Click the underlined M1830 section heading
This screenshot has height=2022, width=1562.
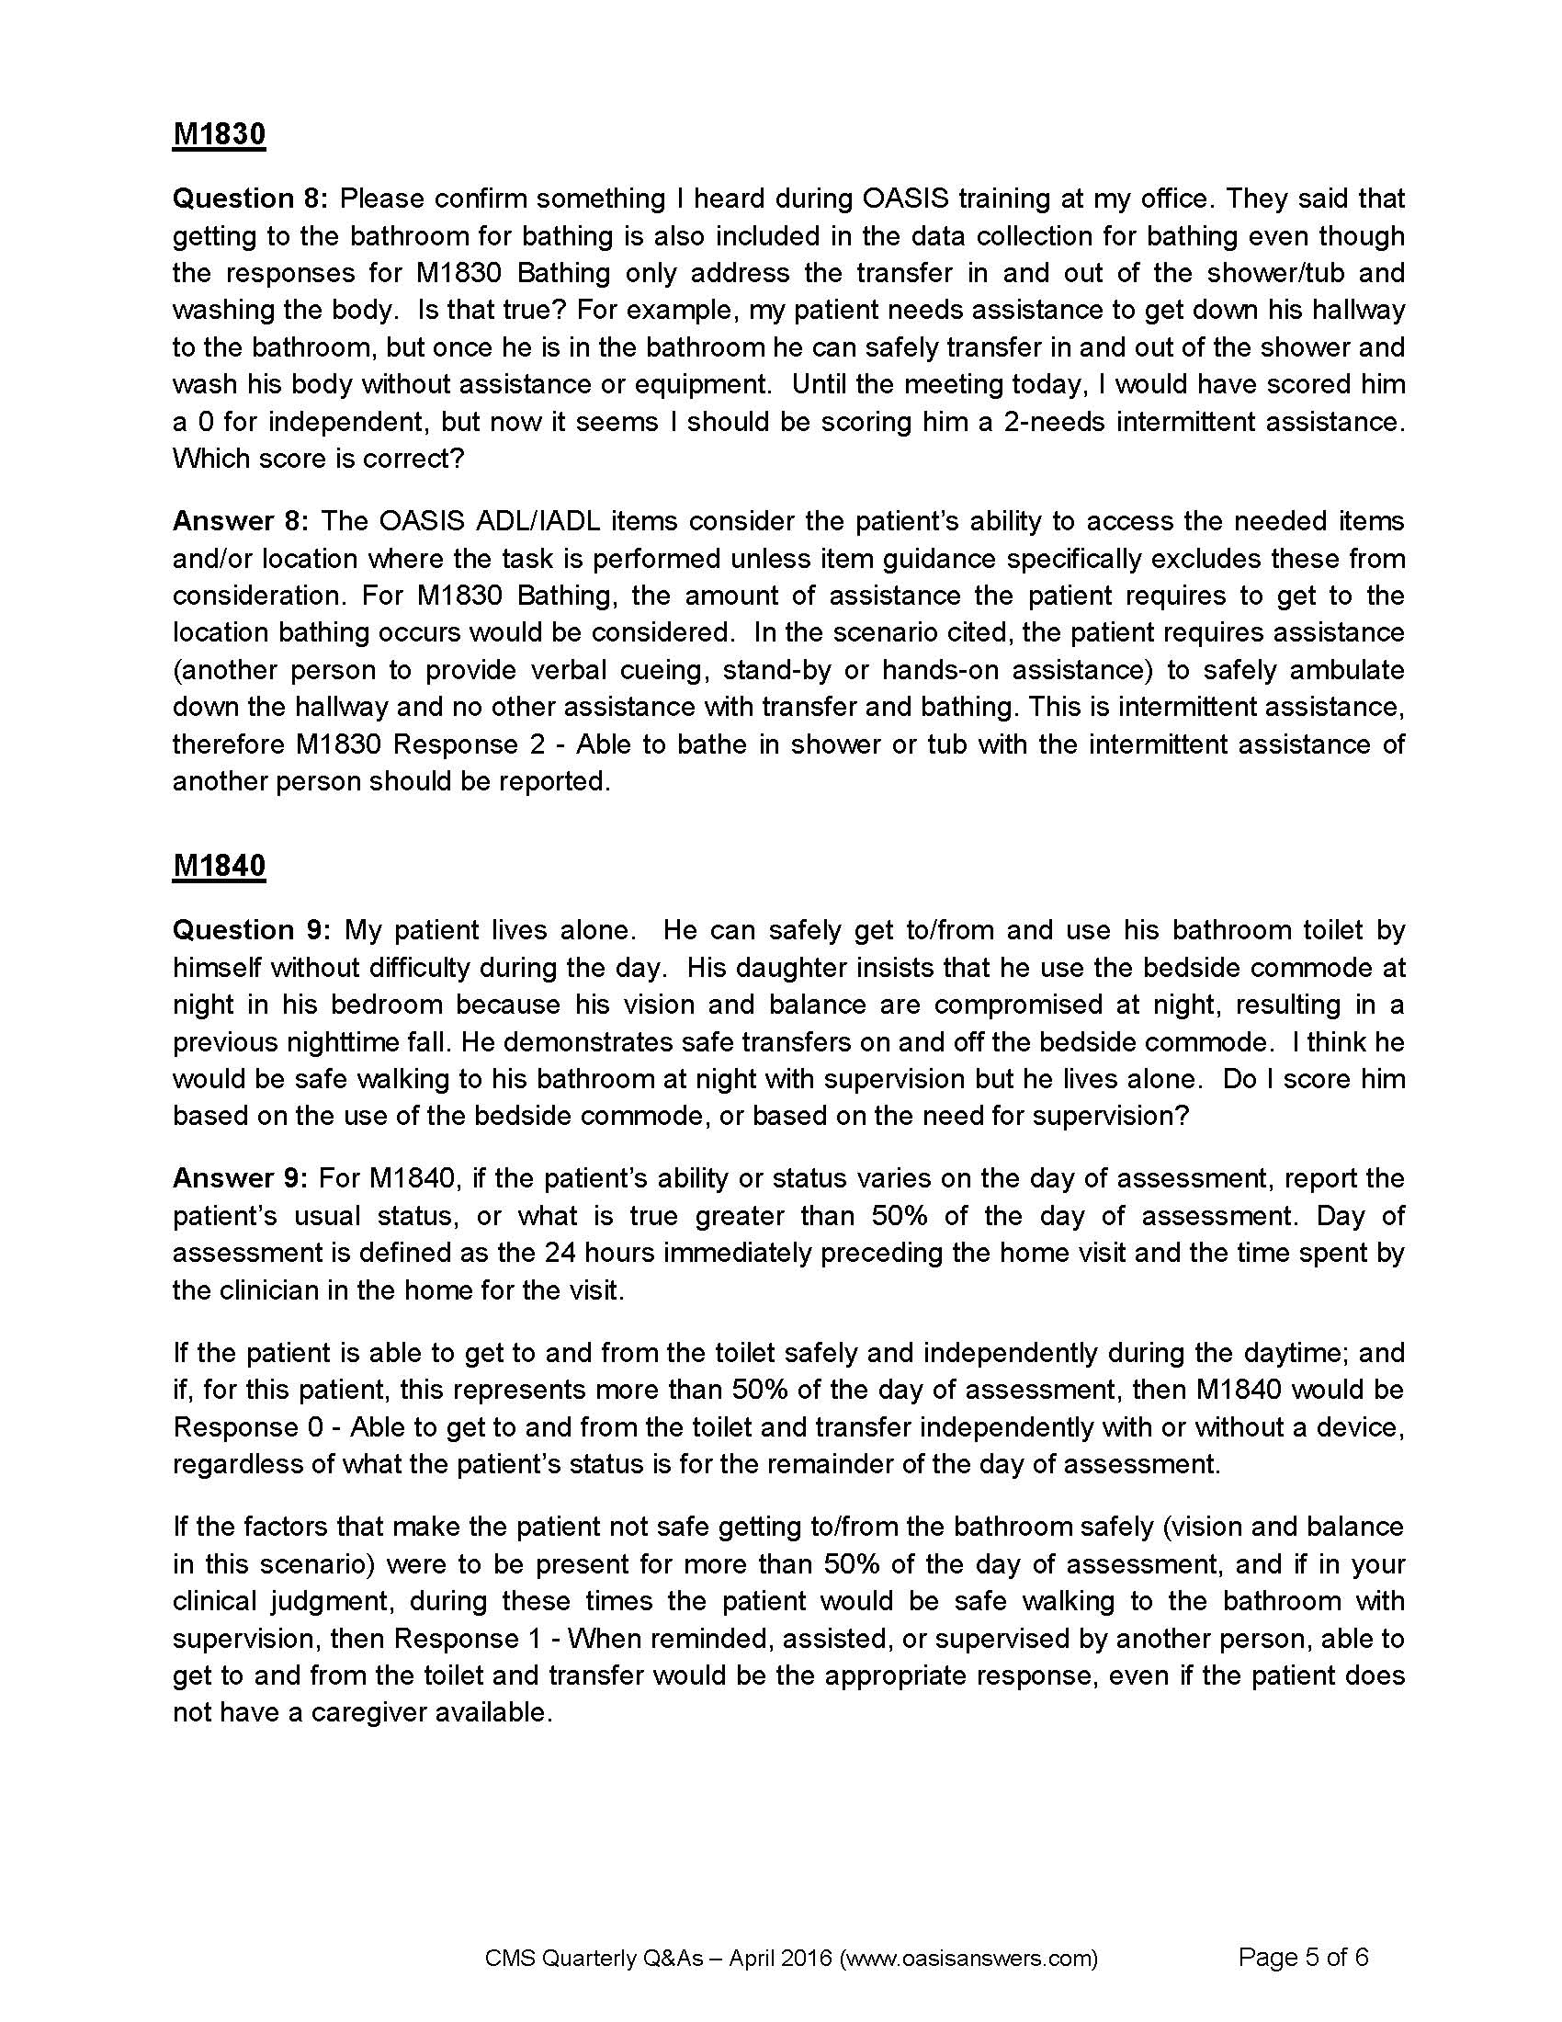point(220,134)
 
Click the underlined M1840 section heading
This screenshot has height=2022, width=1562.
point(220,866)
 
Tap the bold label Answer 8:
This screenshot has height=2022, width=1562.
point(240,521)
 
